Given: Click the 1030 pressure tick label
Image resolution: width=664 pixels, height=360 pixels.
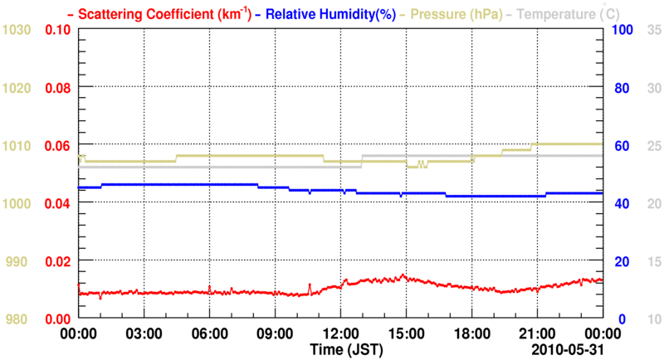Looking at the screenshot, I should click(x=17, y=30).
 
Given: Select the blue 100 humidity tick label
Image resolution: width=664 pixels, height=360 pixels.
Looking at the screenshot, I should click(x=622, y=30).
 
